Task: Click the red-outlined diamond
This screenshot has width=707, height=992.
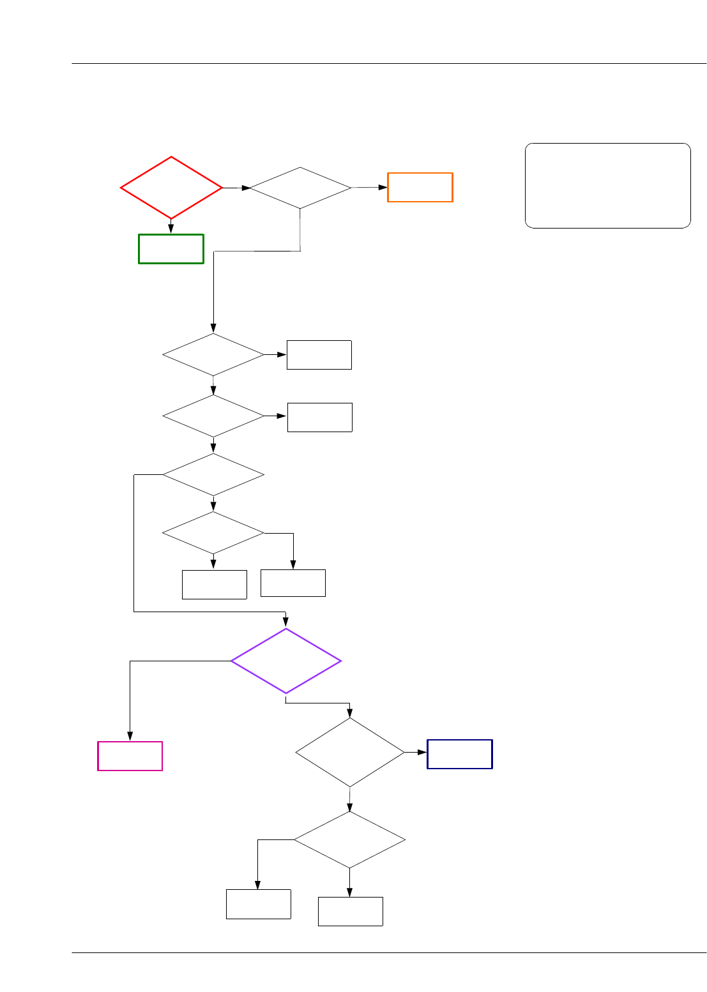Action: pos(171,188)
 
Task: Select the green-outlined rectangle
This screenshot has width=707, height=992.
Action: pos(171,249)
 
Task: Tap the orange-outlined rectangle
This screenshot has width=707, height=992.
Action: pos(420,187)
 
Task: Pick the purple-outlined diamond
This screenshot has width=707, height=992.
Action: pos(285,661)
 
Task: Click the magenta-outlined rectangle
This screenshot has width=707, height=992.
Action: pos(130,756)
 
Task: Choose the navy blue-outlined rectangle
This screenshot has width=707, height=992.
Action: pos(460,754)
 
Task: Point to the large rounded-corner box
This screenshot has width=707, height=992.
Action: pos(607,186)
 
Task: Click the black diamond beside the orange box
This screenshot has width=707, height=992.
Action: pos(300,188)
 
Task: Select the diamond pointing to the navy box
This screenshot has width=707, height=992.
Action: pos(350,753)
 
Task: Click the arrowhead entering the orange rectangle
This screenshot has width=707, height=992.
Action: pos(383,187)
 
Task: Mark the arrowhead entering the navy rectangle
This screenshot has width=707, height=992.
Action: pos(422,753)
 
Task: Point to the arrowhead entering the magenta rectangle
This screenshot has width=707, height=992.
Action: pos(130,737)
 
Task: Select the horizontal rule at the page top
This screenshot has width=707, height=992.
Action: pos(389,63)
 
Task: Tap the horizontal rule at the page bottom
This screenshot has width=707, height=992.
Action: pos(389,953)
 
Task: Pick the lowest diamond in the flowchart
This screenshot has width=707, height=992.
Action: pos(350,839)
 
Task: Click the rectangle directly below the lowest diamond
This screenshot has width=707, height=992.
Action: pos(351,911)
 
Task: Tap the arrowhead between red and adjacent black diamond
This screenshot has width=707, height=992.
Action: pos(245,188)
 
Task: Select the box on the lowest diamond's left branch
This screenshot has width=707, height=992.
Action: pos(259,904)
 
